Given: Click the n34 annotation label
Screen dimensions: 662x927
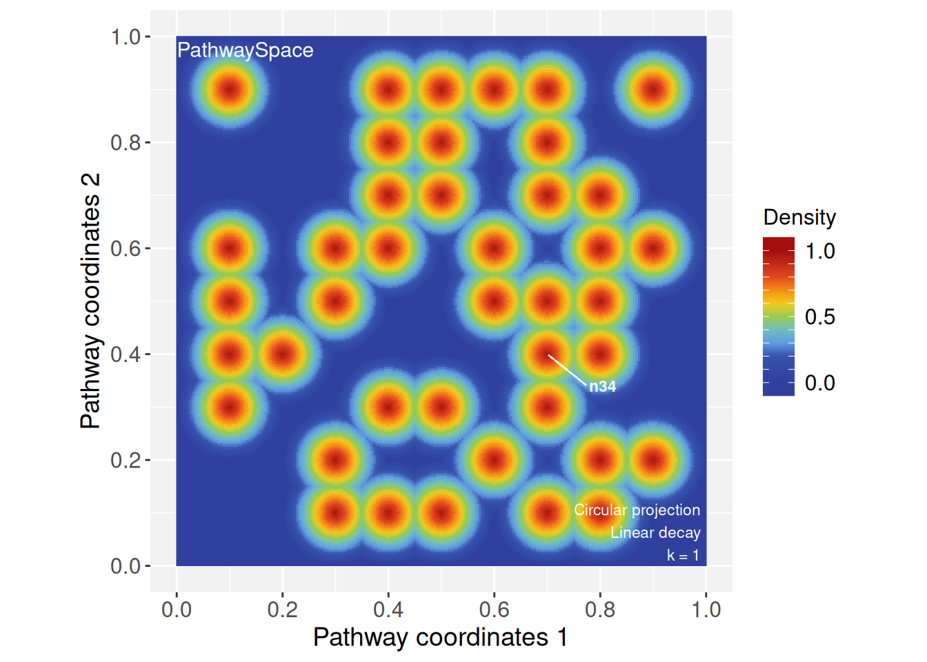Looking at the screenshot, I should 602,386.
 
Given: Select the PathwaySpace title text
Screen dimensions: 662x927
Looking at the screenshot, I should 245,50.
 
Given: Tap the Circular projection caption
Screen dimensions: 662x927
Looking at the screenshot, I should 637,510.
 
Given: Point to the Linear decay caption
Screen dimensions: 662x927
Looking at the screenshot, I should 655,532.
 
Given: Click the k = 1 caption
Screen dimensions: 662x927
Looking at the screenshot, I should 683,555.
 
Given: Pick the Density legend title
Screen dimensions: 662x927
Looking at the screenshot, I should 799,217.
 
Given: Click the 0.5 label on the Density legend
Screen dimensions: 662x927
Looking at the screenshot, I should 819,317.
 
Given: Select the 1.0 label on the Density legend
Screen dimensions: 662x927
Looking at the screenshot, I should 819,251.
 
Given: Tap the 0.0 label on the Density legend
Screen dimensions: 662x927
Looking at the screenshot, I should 819,383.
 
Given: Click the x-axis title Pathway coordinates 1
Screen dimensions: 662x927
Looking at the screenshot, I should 440,637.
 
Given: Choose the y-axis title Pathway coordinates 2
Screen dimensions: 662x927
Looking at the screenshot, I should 90,301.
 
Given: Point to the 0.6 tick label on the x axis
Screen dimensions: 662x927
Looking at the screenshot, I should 494,610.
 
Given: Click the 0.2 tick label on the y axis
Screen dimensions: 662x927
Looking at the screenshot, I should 126,460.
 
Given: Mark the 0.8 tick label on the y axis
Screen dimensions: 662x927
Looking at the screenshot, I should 126,143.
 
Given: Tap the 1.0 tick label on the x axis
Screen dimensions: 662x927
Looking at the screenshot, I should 706,610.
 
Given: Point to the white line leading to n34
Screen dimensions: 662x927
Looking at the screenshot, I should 567,369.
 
